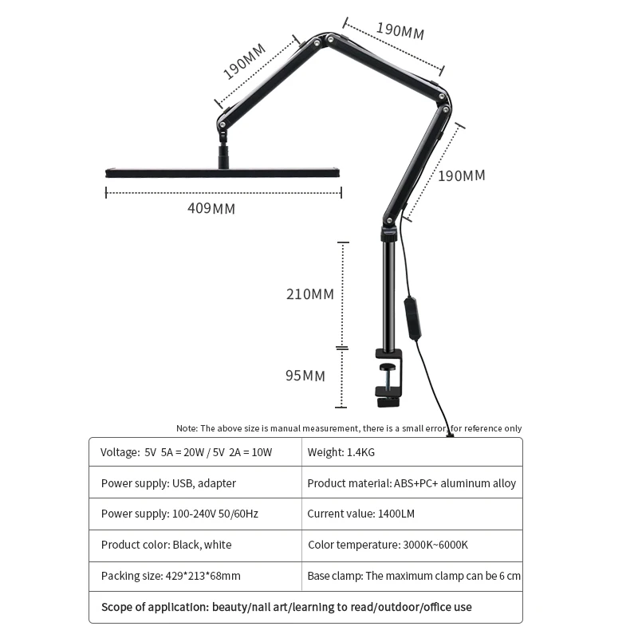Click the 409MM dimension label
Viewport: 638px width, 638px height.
pyautogui.click(x=211, y=209)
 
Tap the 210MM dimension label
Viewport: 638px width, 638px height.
pyautogui.click(x=310, y=294)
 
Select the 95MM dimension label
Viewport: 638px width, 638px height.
pyautogui.click(x=305, y=376)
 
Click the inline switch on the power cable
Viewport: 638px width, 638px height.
pyautogui.click(x=412, y=317)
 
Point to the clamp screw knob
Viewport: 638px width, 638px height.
pyautogui.click(x=388, y=368)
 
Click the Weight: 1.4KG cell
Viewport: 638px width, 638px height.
pyautogui.click(x=341, y=452)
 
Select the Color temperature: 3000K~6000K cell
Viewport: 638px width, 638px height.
pyautogui.click(x=388, y=545)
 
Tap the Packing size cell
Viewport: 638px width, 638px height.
pyautogui.click(x=171, y=576)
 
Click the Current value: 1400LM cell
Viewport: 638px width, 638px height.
pyautogui.click(x=360, y=514)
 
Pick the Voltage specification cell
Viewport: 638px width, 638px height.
pyautogui.click(x=187, y=452)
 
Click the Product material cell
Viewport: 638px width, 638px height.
pyautogui.click(x=412, y=483)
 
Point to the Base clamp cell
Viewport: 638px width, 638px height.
pyautogui.click(x=414, y=576)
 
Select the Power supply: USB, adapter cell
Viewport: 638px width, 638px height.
pyautogui.click(x=168, y=483)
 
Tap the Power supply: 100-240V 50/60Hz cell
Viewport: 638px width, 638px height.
pyautogui.click(x=179, y=514)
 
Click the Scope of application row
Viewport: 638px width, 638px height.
pyautogui.click(x=286, y=607)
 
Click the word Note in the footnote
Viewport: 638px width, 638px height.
pyautogui.click(x=187, y=428)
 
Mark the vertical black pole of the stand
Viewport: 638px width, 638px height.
pyautogui.click(x=388, y=295)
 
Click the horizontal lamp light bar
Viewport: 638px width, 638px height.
pyautogui.click(x=223, y=172)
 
